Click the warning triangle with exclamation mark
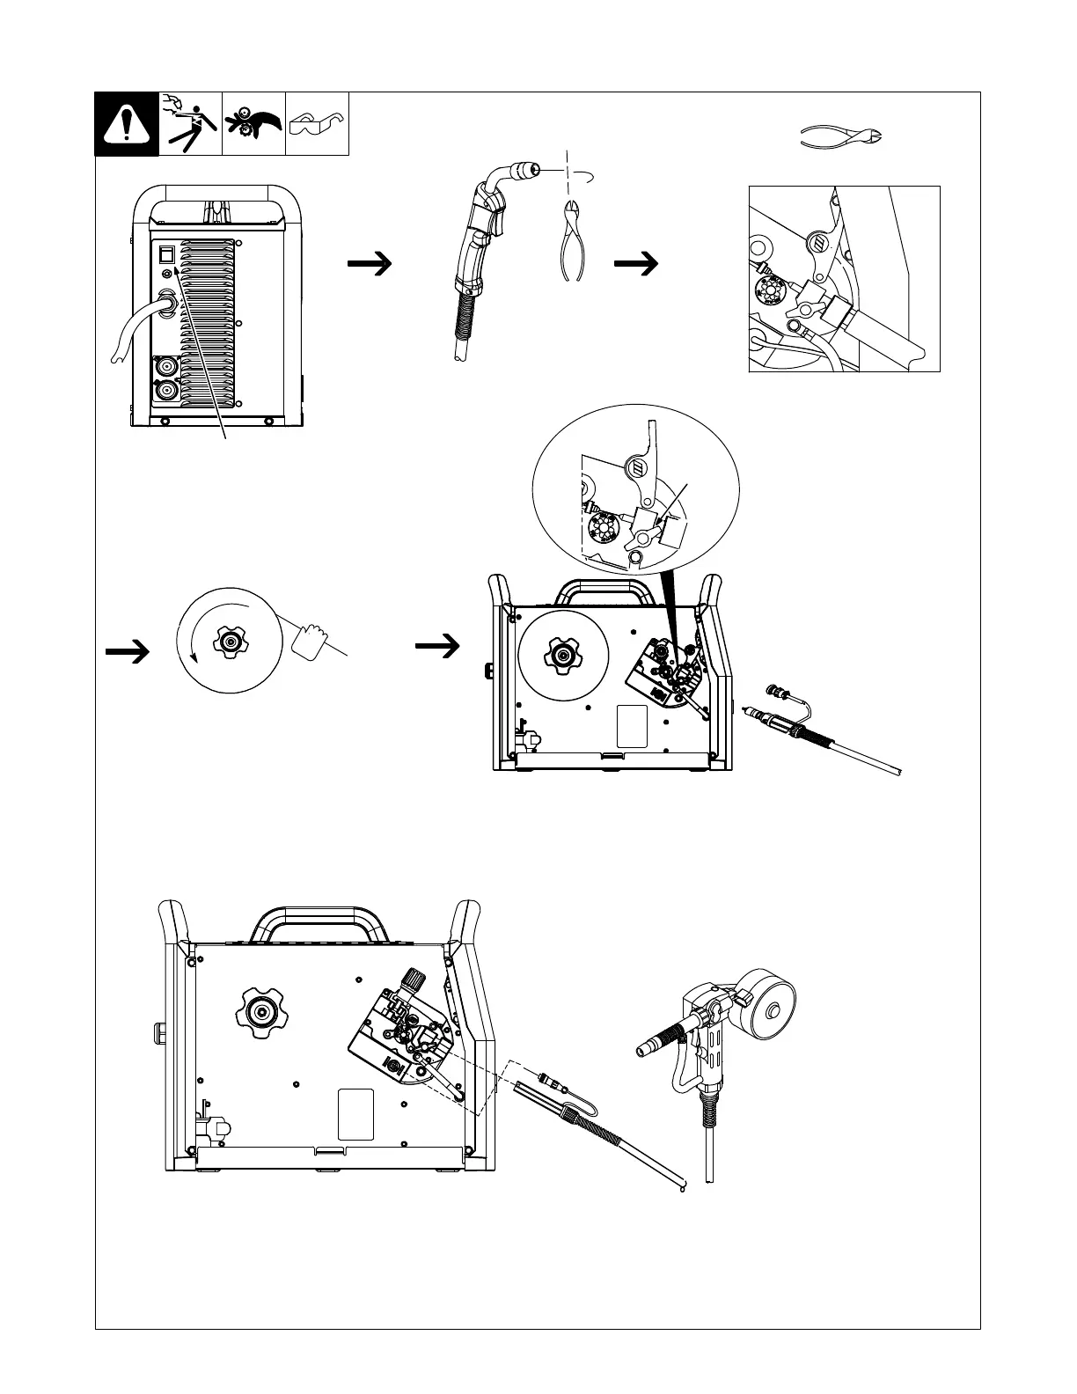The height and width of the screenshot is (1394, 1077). pos(127,124)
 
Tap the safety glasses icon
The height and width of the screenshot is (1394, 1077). pos(317,123)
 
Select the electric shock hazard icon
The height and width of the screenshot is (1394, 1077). pos(190,123)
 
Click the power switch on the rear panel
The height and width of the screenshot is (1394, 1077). pos(165,255)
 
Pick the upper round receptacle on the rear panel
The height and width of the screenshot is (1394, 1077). pos(165,366)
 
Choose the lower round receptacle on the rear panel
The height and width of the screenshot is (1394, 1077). pos(165,391)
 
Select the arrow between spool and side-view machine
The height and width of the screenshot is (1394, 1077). pos(437,647)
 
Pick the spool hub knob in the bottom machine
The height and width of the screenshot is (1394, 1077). pos(261,1013)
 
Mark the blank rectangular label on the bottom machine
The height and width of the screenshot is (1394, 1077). pos(355,1113)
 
